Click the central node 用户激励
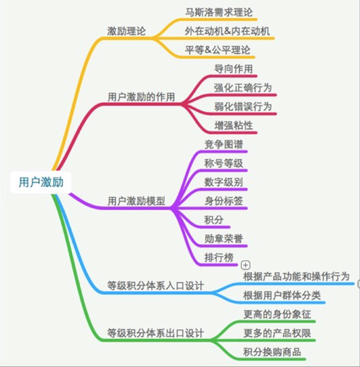point(41,182)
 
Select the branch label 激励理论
point(126,31)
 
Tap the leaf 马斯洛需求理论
point(219,12)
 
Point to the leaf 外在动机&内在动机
point(227,31)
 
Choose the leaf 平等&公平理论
point(217,50)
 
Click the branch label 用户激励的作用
point(141,97)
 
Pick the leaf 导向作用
point(233,69)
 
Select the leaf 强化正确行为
point(243,88)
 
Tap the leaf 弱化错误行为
point(243,107)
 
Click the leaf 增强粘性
point(233,125)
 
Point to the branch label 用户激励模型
point(136,201)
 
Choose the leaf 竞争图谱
point(224,145)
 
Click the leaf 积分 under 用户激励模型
point(214,219)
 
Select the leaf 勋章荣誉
point(224,239)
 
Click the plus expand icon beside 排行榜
point(246,265)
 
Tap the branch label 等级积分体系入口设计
point(156,286)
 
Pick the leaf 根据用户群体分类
point(282,295)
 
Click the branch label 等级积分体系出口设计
point(156,333)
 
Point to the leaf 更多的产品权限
point(277,333)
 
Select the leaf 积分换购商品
point(272,352)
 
